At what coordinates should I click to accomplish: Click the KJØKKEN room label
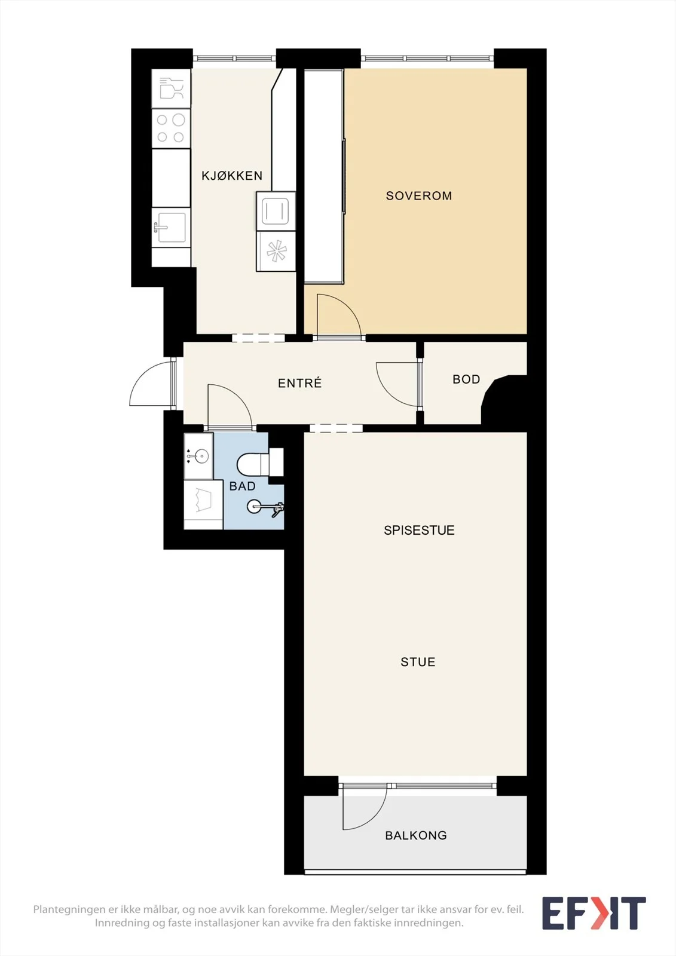click(232, 176)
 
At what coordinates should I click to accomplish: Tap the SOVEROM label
click(419, 196)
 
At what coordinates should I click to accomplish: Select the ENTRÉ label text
click(299, 383)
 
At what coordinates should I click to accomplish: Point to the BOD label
click(466, 379)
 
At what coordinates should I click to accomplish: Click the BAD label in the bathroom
click(242, 486)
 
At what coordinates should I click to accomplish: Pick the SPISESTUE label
click(419, 530)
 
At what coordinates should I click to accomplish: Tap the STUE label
click(418, 662)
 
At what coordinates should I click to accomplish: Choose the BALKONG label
click(416, 835)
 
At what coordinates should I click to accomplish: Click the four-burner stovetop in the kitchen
click(171, 128)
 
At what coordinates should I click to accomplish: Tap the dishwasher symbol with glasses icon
click(171, 88)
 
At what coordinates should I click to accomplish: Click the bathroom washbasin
click(198, 456)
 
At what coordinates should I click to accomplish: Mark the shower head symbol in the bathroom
click(265, 508)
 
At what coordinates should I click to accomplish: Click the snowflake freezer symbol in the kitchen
click(276, 251)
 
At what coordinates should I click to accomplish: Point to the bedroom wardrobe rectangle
click(324, 176)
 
